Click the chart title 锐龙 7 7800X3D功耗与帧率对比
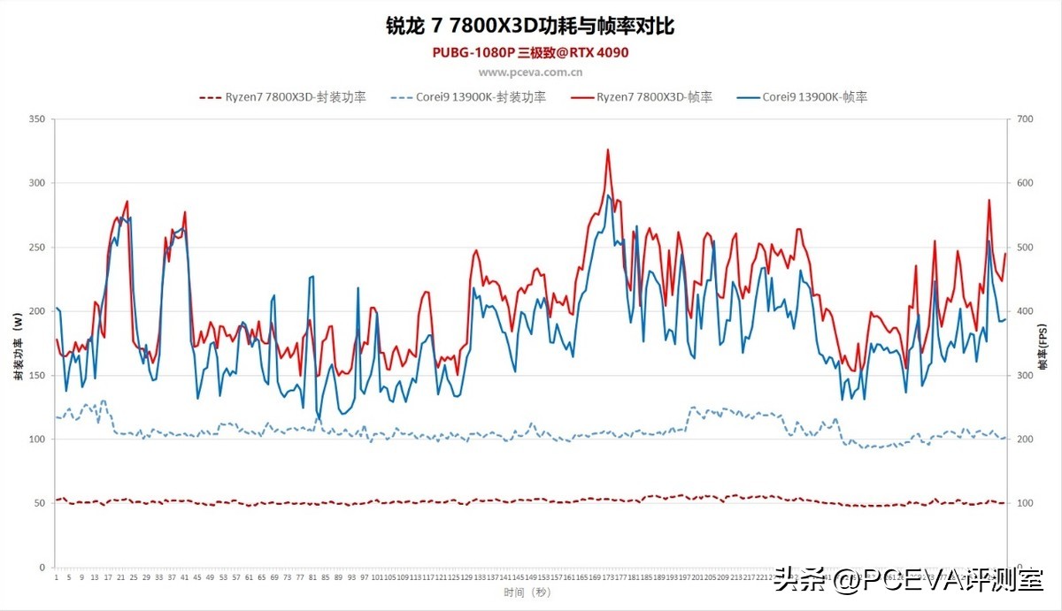(x=530, y=26)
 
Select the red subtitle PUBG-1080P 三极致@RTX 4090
(x=530, y=53)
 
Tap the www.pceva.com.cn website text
(x=530, y=73)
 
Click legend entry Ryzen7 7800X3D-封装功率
(x=283, y=97)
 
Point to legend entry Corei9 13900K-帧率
(x=802, y=97)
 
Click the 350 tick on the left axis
(x=37, y=119)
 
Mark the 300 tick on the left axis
(x=37, y=183)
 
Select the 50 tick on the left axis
(x=40, y=503)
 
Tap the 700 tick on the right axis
(x=1025, y=119)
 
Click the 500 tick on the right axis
(x=1025, y=248)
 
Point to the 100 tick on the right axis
(x=1025, y=503)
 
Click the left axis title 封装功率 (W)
(x=17, y=346)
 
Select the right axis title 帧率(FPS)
(x=1044, y=346)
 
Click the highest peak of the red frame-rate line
(x=608, y=149)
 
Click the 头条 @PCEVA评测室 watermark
(x=908, y=581)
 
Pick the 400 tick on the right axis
(x=1025, y=311)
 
